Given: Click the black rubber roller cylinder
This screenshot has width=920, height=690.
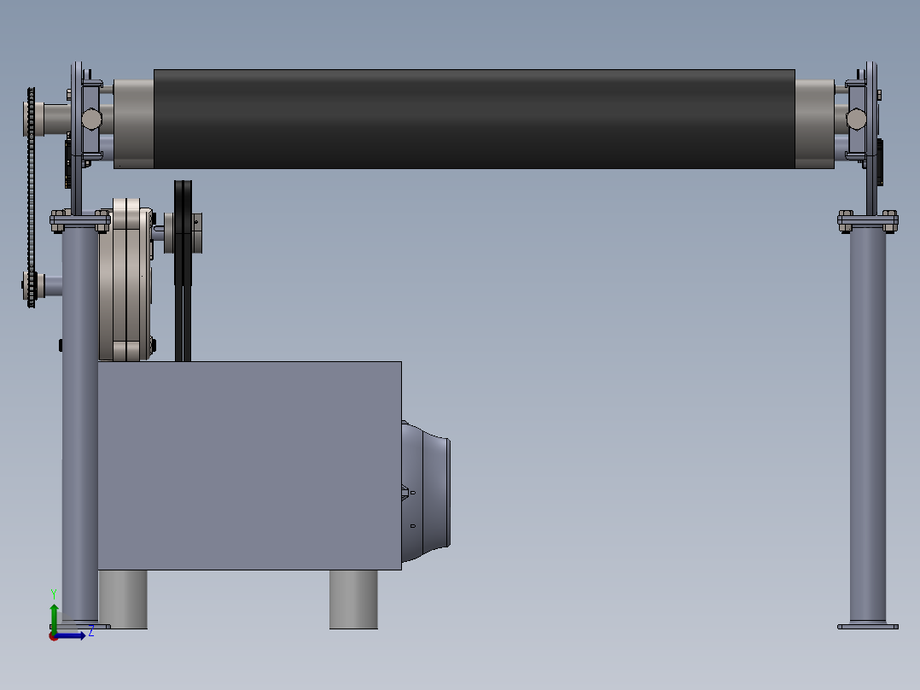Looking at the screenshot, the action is [475, 120].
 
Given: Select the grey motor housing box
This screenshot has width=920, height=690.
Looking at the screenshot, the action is [249, 465].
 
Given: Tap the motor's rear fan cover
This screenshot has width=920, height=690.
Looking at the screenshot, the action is [425, 491].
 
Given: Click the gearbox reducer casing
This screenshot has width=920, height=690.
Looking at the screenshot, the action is [125, 279].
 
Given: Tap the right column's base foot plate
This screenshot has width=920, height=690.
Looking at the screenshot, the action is [868, 627].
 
